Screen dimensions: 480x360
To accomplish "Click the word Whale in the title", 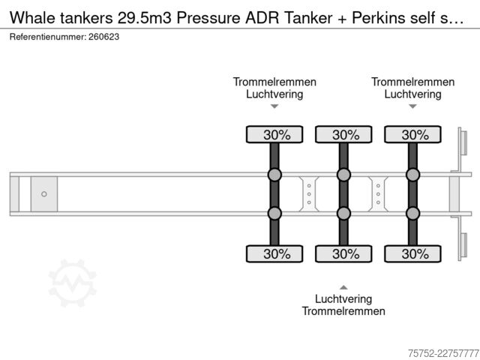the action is pos(33,17).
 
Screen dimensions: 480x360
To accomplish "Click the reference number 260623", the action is pos(103,37).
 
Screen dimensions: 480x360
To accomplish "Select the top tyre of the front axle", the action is pos(274,134).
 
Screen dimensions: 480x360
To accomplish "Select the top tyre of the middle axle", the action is pos(343,134).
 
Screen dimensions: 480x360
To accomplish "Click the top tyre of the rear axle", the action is pos(412,134).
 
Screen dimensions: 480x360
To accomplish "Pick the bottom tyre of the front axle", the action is pos(274,253).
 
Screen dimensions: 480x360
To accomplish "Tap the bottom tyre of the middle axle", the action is pos(343,253).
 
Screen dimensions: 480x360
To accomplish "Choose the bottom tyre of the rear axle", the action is pos(412,253).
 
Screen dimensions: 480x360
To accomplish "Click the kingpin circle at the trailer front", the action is pos(44,194).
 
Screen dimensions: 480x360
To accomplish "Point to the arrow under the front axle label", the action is pos(274,106).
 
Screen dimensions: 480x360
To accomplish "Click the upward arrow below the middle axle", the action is pos(343,287).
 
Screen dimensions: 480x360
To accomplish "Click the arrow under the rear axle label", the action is pos(412,106).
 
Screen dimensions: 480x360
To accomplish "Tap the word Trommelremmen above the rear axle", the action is pos(412,82).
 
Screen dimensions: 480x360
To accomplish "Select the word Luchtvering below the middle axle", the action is pos(343,299).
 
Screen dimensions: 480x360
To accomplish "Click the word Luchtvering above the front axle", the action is pos(274,94).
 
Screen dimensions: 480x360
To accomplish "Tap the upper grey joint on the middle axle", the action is pos(343,175).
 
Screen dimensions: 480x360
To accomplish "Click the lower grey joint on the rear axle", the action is pos(412,213).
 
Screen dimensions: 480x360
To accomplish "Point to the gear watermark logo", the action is pos(73,283).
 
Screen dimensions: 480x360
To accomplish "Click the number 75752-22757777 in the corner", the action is pos(443,353).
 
